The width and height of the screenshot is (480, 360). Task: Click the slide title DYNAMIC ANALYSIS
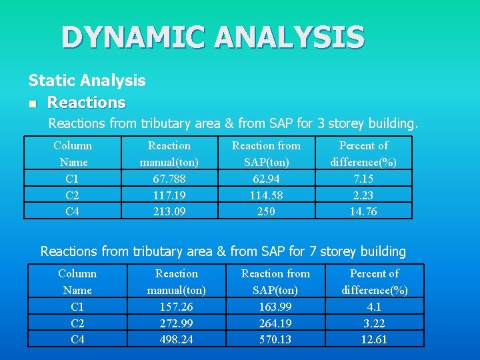click(213, 37)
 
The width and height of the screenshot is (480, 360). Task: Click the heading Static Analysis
click(87, 81)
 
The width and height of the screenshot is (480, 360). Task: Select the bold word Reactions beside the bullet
click(86, 103)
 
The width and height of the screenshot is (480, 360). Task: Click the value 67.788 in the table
click(169, 178)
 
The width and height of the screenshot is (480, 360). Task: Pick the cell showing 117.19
click(169, 195)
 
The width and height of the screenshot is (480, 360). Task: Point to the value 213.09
click(169, 211)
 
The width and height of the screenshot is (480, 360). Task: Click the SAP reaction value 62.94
click(266, 178)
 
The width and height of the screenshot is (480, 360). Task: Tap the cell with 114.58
click(266, 195)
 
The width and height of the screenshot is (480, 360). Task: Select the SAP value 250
click(266, 211)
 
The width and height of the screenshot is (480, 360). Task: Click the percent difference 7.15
click(363, 178)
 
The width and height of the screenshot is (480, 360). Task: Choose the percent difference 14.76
click(363, 211)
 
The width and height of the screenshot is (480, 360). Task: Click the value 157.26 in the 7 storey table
click(176, 306)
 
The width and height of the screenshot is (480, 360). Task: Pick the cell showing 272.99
click(176, 323)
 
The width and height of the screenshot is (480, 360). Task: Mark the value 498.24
click(176, 339)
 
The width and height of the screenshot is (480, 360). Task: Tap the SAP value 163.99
click(275, 306)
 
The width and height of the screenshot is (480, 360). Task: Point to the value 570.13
click(275, 339)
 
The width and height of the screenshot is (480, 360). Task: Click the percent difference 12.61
click(374, 339)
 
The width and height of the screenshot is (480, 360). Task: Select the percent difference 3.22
click(374, 323)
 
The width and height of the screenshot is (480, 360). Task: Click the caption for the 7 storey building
click(223, 251)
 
